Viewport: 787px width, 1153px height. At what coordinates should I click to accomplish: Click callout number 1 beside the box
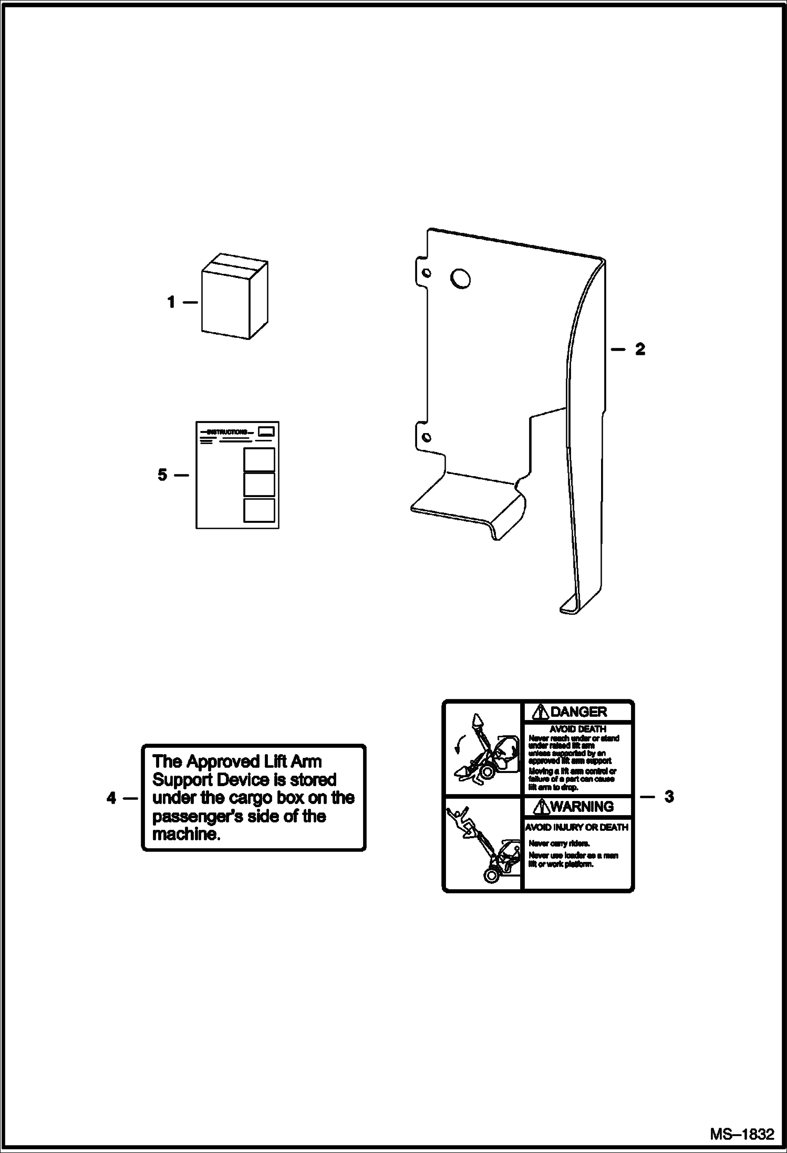(171, 302)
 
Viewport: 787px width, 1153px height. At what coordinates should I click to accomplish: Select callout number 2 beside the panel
(640, 349)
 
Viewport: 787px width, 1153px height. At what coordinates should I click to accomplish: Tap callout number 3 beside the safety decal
(668, 797)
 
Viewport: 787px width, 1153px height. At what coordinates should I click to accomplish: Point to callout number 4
(111, 798)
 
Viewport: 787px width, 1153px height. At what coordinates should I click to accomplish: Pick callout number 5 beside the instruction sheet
(162, 475)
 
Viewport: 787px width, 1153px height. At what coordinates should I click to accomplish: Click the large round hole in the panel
(460, 279)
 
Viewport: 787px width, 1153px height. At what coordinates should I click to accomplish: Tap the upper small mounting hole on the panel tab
(427, 273)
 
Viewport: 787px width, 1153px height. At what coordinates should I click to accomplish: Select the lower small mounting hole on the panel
(427, 437)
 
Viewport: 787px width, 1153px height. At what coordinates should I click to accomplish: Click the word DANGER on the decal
(578, 712)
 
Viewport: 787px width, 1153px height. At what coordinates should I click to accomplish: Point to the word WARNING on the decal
(582, 806)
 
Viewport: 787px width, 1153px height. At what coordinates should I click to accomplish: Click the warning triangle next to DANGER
(540, 712)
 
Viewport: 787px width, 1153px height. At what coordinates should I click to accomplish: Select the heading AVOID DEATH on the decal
(577, 729)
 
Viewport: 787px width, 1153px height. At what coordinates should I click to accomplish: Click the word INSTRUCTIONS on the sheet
(227, 432)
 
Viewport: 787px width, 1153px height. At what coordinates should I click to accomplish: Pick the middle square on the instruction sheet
(259, 484)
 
